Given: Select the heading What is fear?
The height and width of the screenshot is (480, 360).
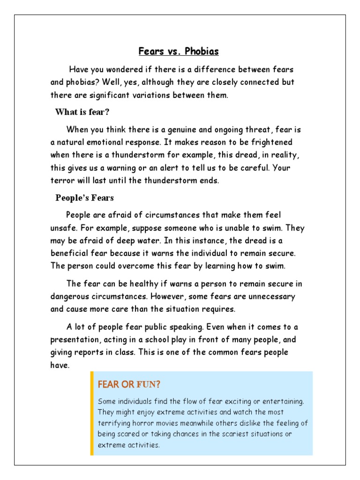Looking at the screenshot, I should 82,112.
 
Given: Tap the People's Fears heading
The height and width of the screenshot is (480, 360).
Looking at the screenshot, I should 84,198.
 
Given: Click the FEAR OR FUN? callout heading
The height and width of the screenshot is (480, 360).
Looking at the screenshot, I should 129,385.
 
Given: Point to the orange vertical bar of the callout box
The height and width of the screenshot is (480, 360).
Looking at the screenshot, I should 92,413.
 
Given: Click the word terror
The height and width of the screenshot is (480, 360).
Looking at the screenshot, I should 61,181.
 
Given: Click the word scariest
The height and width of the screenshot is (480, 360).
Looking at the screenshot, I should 232,434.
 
